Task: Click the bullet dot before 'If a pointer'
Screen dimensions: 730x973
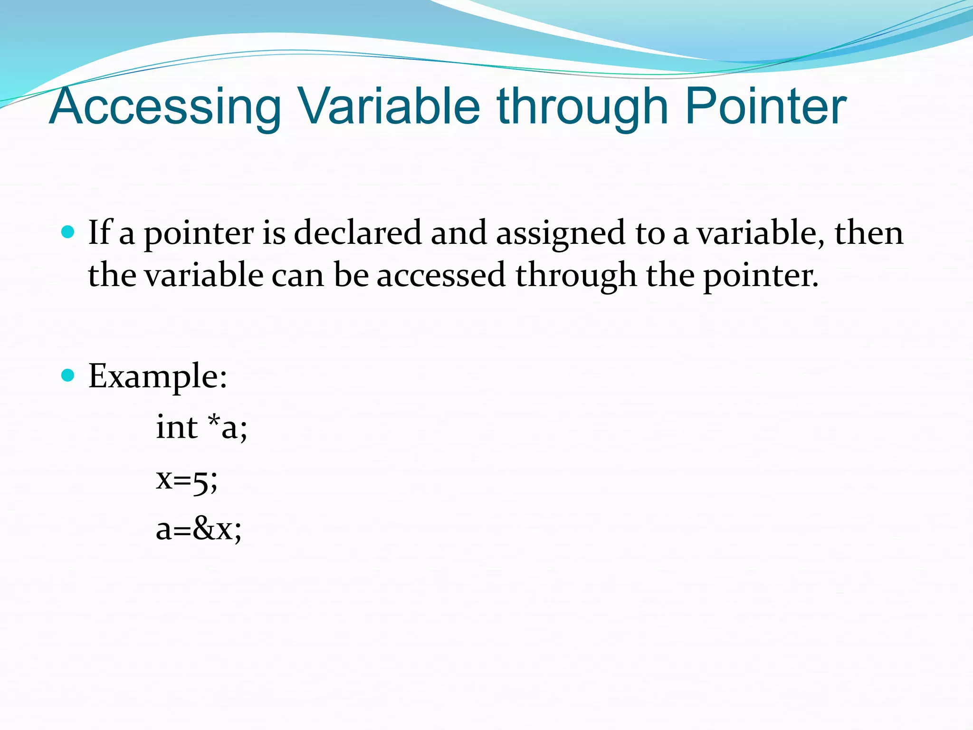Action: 68,232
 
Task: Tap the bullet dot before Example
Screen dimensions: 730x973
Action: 68,375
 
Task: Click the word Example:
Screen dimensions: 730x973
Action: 158,376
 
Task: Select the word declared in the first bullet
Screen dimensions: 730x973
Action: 357,233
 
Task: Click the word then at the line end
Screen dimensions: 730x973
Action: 869,233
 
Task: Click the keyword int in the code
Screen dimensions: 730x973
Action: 176,427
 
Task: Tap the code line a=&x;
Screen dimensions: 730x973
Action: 199,529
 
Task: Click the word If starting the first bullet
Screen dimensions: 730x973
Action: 99,233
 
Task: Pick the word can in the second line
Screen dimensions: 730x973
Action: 297,276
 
